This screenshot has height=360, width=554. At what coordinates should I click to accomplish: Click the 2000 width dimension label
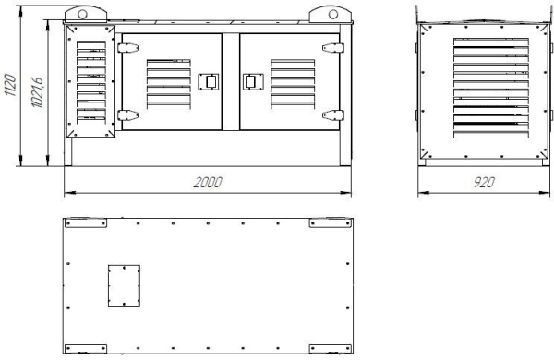(207, 183)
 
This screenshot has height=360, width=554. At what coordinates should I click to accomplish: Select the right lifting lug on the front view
(331, 15)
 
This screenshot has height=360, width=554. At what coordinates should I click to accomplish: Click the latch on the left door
(208, 81)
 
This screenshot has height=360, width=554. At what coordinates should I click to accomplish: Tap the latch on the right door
(248, 81)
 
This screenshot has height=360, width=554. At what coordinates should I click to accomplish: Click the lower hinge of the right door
(330, 114)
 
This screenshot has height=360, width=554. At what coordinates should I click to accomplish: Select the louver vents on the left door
(168, 82)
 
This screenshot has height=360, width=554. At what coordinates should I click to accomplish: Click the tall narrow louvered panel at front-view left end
(89, 81)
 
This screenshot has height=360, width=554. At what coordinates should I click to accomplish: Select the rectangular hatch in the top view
(124, 285)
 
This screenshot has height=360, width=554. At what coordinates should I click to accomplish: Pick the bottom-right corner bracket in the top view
(329, 350)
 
